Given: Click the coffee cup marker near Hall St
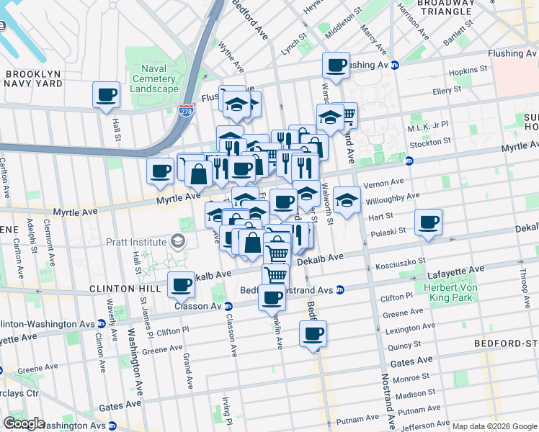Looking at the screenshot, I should click(x=107, y=94).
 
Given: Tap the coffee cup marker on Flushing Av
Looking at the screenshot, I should click(x=336, y=66).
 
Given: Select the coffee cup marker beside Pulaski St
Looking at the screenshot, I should click(x=429, y=222).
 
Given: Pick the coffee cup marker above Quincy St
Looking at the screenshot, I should click(x=313, y=334).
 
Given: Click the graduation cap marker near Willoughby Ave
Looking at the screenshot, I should click(x=347, y=199).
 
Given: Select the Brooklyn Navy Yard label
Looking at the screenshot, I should click(x=36, y=78).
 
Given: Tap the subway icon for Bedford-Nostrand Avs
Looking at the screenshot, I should click(x=339, y=290).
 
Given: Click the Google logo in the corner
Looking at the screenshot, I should click(x=24, y=423).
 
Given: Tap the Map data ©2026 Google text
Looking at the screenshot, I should click(x=494, y=426).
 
